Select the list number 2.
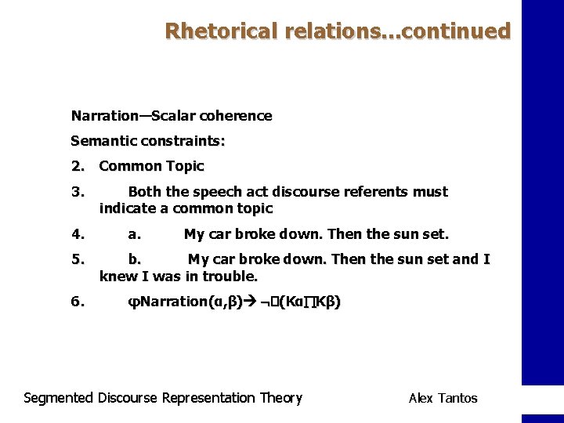(77, 166)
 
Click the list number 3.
(77, 192)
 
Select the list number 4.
(77, 234)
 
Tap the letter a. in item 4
(135, 234)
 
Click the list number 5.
(77, 259)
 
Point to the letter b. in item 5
(135, 259)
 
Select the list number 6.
(77, 302)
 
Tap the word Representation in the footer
(208, 398)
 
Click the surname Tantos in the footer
(458, 398)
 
